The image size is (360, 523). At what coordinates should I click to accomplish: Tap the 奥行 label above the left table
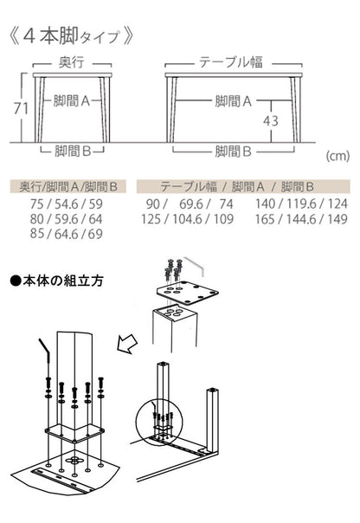(71, 64)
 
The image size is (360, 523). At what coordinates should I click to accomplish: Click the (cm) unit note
(338, 157)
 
